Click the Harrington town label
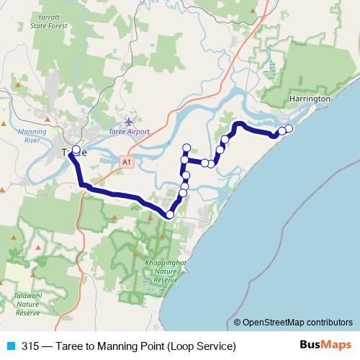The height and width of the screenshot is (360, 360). [x=309, y=98]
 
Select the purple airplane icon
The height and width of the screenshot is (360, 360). [x=129, y=121]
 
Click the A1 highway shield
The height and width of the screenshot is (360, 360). [x=127, y=163]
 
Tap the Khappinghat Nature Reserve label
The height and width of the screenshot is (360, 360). [x=166, y=271]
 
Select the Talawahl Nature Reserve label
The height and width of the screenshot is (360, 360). [x=28, y=307]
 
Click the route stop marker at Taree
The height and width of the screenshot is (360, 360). [x=76, y=151]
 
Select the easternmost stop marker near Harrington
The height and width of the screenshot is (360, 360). [x=289, y=128]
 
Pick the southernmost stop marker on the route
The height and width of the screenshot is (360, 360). [x=170, y=215]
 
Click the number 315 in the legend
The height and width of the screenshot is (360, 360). [x=30, y=346]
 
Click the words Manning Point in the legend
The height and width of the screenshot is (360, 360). [x=135, y=346]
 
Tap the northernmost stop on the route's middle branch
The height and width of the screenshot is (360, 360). [x=186, y=147]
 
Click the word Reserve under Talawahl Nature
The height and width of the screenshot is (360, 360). [x=28, y=313]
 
